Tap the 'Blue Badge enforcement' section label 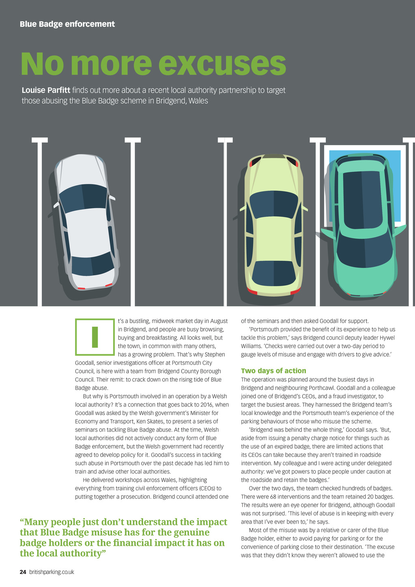pyautogui.click(x=67, y=24)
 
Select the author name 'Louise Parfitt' pyautogui.click(x=46, y=90)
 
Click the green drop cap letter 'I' pyautogui.click(x=95, y=337)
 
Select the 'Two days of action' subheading pyautogui.click(x=274, y=371)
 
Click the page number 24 pyautogui.click(x=23, y=572)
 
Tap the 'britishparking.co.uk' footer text pyautogui.click(x=51, y=572)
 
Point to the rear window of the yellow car pyautogui.click(x=274, y=272)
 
